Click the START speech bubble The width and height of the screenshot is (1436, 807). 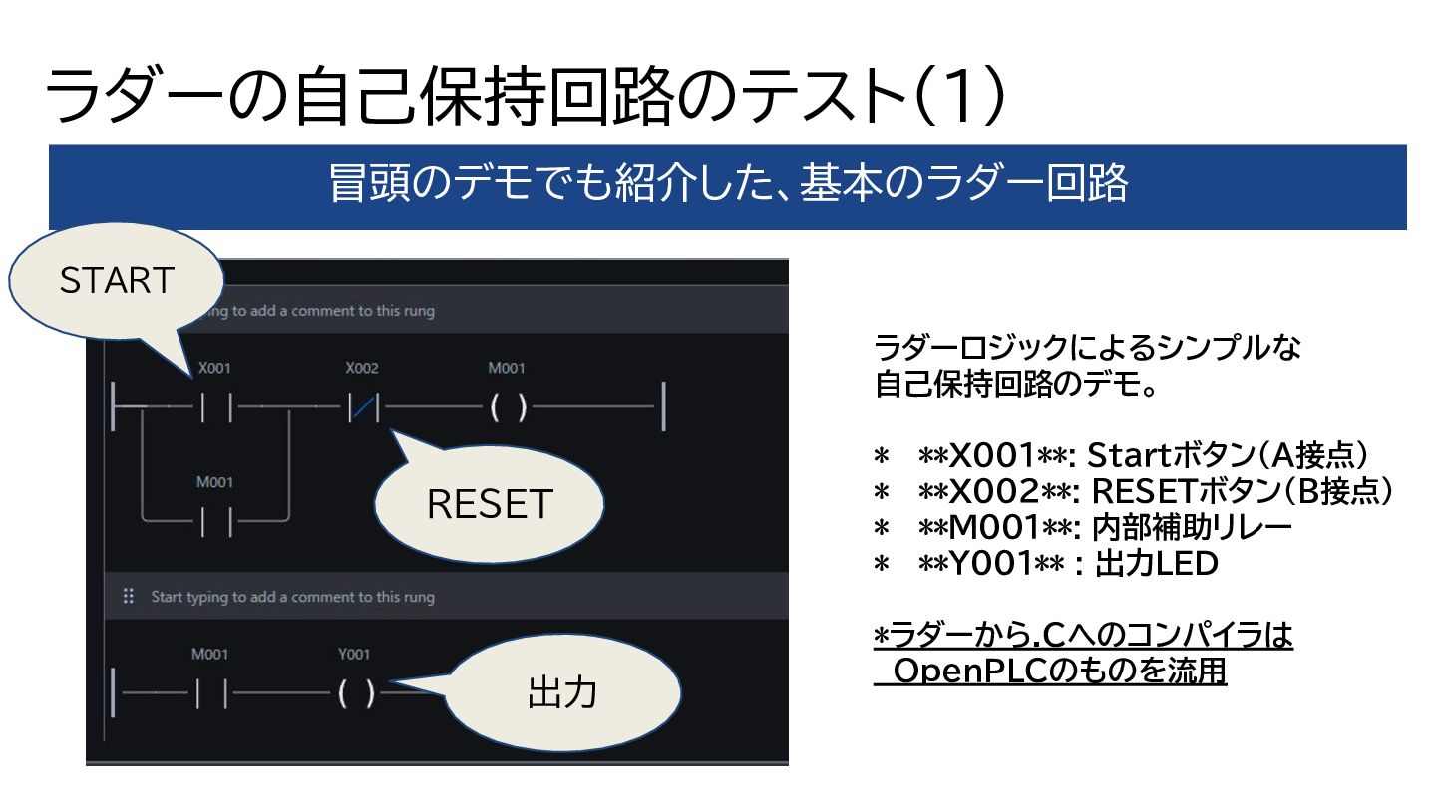click(x=118, y=281)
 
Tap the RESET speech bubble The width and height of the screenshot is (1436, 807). click(x=489, y=503)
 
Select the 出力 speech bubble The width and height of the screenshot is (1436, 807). click(x=561, y=692)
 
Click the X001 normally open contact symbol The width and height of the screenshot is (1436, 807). click(x=214, y=407)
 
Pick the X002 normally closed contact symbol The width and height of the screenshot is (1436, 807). click(x=362, y=407)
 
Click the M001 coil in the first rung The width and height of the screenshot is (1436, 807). click(x=508, y=407)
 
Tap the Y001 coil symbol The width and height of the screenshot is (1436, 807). click(x=356, y=693)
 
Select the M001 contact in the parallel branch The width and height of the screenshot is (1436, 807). click(x=214, y=520)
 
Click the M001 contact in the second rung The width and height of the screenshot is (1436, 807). click(x=210, y=693)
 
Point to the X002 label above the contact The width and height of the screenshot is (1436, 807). click(x=362, y=369)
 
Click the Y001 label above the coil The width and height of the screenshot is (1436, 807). click(x=354, y=655)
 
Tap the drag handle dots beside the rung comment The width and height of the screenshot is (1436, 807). click(x=128, y=597)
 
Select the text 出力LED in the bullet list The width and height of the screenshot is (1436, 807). click(x=1157, y=564)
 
